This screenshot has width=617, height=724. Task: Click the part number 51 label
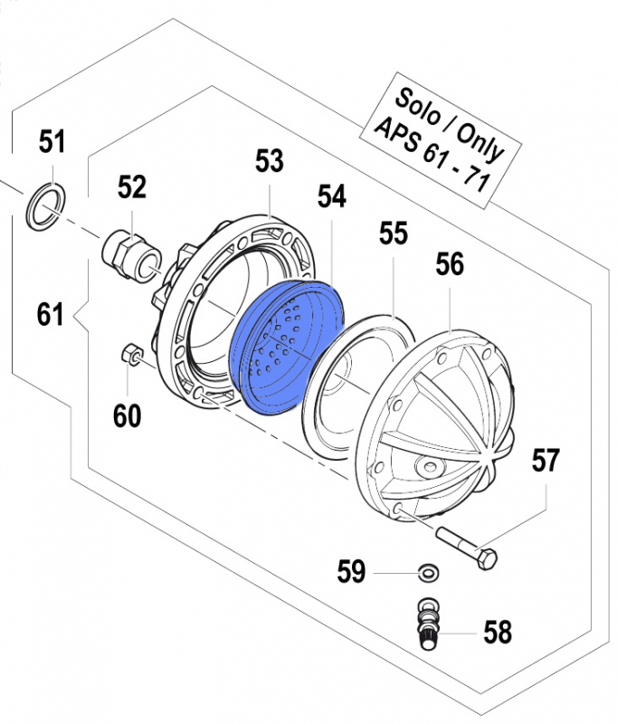(52, 141)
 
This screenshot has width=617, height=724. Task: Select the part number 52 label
(131, 187)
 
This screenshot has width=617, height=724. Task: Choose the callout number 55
(394, 234)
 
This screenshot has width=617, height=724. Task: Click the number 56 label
(450, 265)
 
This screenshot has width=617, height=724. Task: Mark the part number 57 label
(545, 461)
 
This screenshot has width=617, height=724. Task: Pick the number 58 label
(497, 632)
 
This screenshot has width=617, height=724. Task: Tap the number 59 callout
(351, 572)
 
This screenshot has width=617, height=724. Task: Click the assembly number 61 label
(51, 315)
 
